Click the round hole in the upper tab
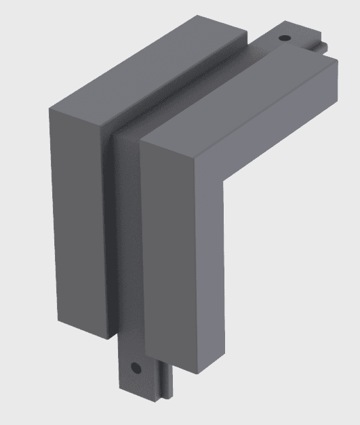(284, 39)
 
